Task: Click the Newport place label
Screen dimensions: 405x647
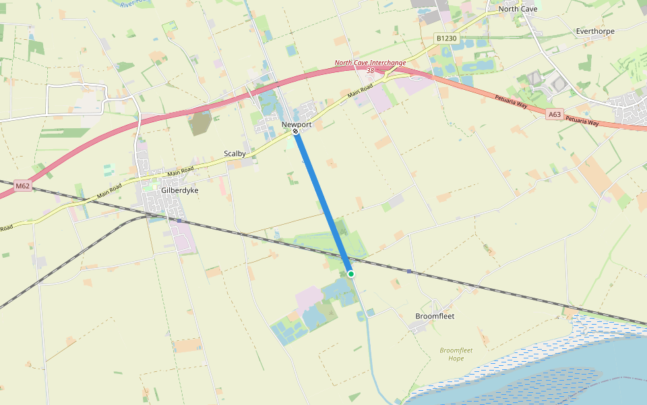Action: pyautogui.click(x=297, y=124)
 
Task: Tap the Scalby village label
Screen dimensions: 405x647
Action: pyautogui.click(x=235, y=154)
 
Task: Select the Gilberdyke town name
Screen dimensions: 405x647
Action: pyautogui.click(x=180, y=190)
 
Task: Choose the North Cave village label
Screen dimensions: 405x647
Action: pyautogui.click(x=517, y=9)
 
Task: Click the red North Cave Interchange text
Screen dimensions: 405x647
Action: pyautogui.click(x=371, y=63)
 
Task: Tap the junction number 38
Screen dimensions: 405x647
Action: pyautogui.click(x=371, y=70)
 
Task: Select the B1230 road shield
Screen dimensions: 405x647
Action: pyautogui.click(x=446, y=38)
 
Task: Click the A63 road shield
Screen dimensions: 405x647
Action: pyautogui.click(x=554, y=115)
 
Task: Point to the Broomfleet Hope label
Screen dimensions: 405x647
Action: pyautogui.click(x=456, y=354)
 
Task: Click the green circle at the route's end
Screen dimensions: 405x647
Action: pyautogui.click(x=351, y=273)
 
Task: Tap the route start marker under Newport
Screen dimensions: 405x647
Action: pyautogui.click(x=295, y=132)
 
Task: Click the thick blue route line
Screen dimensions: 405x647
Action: pyautogui.click(x=323, y=202)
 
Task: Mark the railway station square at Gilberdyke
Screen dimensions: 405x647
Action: pyautogui.click(x=179, y=220)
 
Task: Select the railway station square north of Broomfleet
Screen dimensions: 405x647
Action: pyautogui.click(x=409, y=271)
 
